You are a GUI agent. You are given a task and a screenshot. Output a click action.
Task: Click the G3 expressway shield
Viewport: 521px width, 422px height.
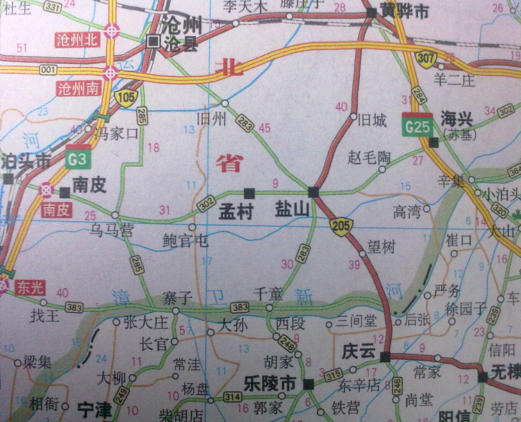78,159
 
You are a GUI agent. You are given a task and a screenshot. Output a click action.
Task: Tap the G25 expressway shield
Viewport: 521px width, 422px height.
417,125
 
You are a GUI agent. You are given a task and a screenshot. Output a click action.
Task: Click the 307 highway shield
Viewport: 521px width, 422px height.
427,58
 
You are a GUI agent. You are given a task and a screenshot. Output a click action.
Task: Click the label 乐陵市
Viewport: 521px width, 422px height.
270,384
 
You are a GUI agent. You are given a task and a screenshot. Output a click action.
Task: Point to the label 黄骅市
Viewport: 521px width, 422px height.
407,13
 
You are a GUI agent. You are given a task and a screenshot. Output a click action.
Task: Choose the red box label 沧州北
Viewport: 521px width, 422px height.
78,40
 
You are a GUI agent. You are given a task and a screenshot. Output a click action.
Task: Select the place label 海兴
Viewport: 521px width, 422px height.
456,119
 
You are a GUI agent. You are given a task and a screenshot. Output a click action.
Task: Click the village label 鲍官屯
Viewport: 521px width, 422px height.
185,241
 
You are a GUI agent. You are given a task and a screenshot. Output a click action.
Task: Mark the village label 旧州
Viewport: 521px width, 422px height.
212,118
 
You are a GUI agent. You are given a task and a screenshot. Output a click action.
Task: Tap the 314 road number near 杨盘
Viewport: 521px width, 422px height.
233,397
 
